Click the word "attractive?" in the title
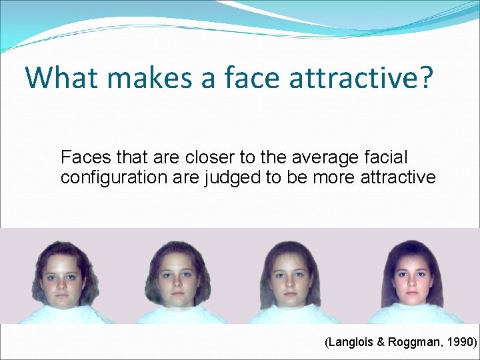click(x=361, y=77)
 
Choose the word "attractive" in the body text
click(x=397, y=178)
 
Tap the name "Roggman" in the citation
click(x=415, y=343)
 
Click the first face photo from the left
click(x=61, y=280)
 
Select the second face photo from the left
click(x=176, y=280)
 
